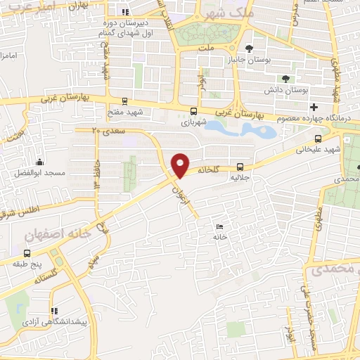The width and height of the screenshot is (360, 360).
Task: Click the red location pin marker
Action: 181,165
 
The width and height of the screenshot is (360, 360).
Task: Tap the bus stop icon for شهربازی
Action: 193,110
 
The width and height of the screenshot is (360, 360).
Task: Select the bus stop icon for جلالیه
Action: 240,167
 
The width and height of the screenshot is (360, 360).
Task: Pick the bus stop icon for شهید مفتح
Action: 124,101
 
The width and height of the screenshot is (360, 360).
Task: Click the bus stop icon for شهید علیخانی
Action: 319,139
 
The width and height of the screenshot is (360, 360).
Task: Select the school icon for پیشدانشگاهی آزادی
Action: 55,310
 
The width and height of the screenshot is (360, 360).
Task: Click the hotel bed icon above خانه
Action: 220,226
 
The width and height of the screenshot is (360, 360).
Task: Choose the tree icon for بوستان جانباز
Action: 249,49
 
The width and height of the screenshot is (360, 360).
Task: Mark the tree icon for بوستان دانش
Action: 285,79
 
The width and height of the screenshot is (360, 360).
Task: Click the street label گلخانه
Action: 213,169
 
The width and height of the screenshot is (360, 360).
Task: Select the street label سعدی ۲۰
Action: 108,131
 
